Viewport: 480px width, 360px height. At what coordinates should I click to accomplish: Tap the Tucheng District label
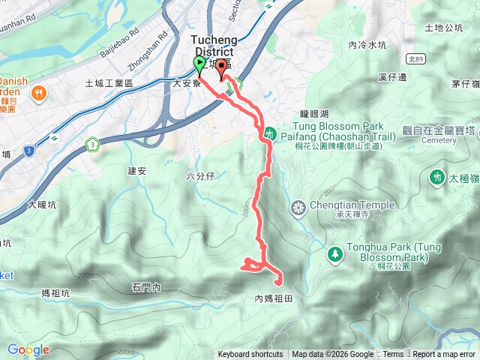pyautogui.click(x=212, y=45)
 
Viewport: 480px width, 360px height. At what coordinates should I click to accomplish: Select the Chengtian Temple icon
pyautogui.click(x=298, y=207)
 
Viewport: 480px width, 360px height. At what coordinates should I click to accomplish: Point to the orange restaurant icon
pyautogui.click(x=38, y=94)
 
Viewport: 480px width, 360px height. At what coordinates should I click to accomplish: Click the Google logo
pyautogui.click(x=28, y=349)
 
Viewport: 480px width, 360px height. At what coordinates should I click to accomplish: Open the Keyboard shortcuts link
pyautogui.click(x=250, y=355)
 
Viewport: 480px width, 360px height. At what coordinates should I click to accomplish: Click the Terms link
pyautogui.click(x=392, y=355)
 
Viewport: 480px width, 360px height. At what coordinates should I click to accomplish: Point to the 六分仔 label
pyautogui.click(x=199, y=175)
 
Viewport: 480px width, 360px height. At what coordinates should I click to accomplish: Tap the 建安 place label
pyautogui.click(x=136, y=171)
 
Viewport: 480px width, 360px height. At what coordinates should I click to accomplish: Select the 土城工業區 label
pyautogui.click(x=109, y=83)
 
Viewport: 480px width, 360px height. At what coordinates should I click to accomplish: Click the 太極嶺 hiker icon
pyautogui.click(x=436, y=178)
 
